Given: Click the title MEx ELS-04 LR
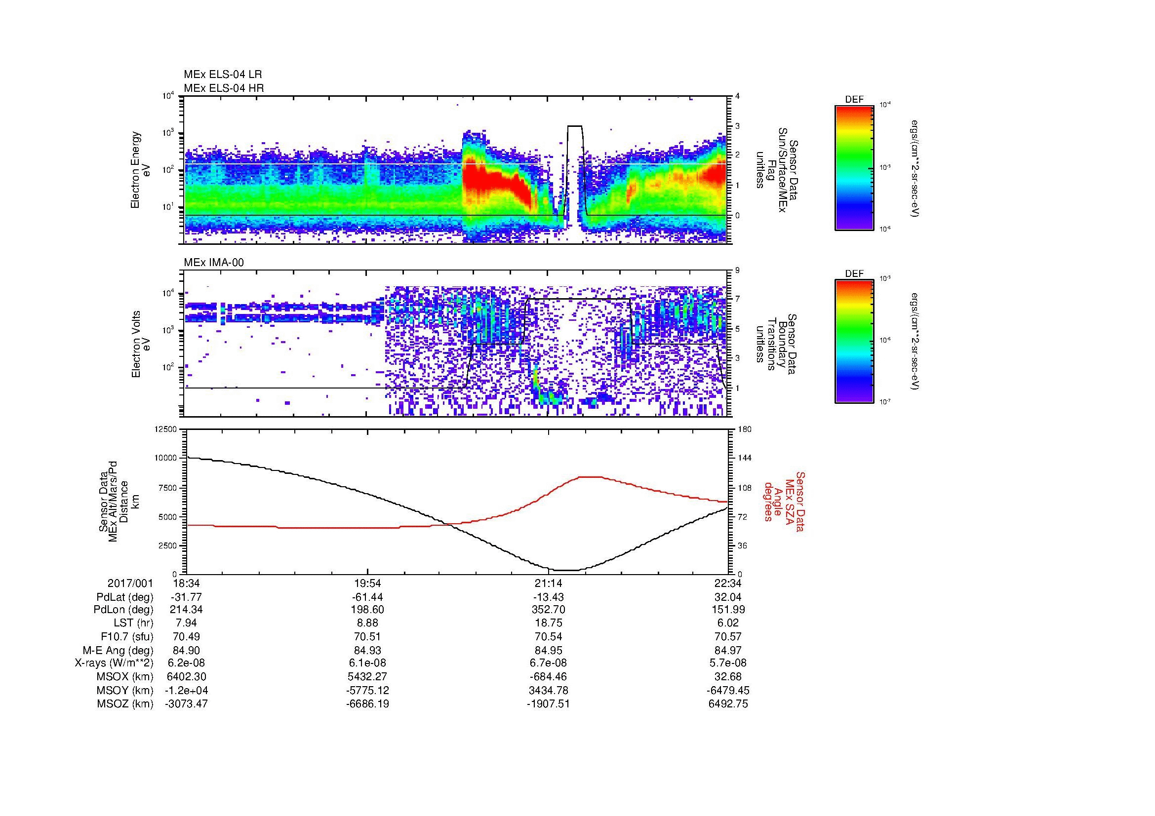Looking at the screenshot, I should pyautogui.click(x=222, y=75).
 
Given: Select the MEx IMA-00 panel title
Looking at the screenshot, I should pyautogui.click(x=213, y=263).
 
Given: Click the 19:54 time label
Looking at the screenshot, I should pyautogui.click(x=368, y=583).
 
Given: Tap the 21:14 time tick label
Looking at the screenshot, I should pyautogui.click(x=548, y=583).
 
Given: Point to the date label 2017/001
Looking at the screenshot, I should pyautogui.click(x=130, y=583).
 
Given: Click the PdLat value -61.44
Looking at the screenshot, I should pyautogui.click(x=368, y=597).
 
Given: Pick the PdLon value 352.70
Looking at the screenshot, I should pyautogui.click(x=548, y=610).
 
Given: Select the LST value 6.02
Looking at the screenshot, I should pyautogui.click(x=728, y=623).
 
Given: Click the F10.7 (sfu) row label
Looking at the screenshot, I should pyautogui.click(x=127, y=636).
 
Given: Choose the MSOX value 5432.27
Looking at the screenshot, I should pyautogui.click(x=368, y=677).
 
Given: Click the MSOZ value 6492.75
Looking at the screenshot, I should pyautogui.click(x=728, y=704).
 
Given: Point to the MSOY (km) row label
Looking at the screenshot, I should pyautogui.click(x=125, y=690).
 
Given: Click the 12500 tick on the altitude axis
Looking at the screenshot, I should pyautogui.click(x=166, y=429).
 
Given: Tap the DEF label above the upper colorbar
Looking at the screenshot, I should pyautogui.click(x=854, y=100).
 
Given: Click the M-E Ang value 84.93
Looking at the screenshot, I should pyautogui.click(x=368, y=650).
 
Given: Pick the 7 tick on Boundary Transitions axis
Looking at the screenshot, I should pyautogui.click(x=737, y=299).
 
